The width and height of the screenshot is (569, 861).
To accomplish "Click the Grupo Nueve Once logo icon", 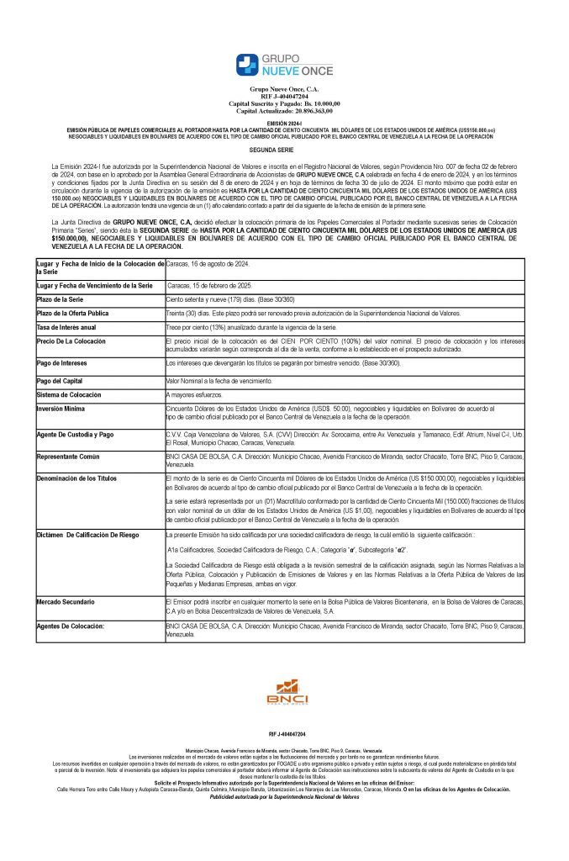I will (249, 66).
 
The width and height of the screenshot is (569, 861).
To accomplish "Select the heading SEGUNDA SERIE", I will (284, 148).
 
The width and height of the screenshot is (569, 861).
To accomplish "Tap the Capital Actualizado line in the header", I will (284, 111).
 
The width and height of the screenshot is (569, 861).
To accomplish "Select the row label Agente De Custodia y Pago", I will (75, 435).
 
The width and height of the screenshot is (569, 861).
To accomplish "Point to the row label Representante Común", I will (70, 457).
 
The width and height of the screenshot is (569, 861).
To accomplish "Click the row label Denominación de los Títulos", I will (80, 478).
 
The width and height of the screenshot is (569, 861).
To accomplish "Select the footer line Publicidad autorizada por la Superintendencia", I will (284, 796).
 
